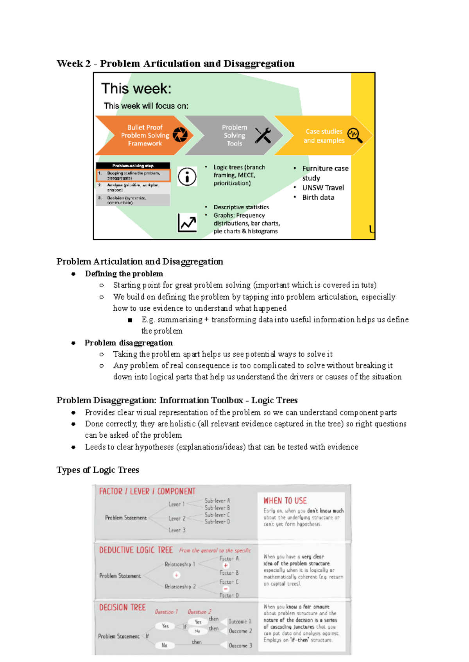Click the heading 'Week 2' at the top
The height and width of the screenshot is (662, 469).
coord(73,64)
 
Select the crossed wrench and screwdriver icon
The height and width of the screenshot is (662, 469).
coord(263,136)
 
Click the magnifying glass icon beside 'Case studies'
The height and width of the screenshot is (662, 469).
coord(355,135)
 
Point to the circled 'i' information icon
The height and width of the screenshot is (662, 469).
coord(187,177)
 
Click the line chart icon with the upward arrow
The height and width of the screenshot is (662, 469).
coord(187,223)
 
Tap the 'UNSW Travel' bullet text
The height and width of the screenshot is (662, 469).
coord(323,188)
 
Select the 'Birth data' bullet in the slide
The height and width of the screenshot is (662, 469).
coord(318,197)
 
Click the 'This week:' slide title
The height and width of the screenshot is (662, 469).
coord(136,89)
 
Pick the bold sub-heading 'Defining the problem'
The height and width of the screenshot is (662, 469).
coord(124,274)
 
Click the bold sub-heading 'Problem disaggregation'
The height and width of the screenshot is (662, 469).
coord(129,343)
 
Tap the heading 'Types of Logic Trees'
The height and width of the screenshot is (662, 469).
coord(98,470)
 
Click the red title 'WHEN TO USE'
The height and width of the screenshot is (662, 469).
coord(285,501)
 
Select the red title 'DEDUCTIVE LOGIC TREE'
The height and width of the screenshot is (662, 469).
coord(136,550)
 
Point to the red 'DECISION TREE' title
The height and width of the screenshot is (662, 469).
coord(122,607)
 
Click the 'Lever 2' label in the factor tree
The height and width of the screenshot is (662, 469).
coord(177,518)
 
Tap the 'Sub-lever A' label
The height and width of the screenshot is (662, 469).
coord(217,501)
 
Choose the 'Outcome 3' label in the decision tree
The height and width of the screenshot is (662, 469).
coord(240,646)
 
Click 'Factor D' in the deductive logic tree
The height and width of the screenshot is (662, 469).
coord(229,595)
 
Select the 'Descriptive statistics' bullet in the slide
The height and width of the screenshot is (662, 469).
coord(241,207)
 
